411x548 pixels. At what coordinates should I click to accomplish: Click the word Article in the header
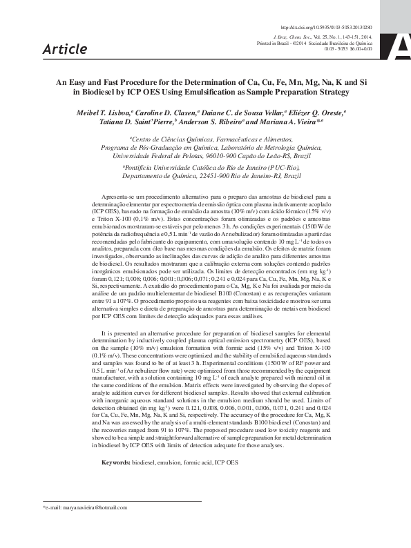tap(65, 49)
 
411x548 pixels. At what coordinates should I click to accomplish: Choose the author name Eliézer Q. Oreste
tap(318, 111)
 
